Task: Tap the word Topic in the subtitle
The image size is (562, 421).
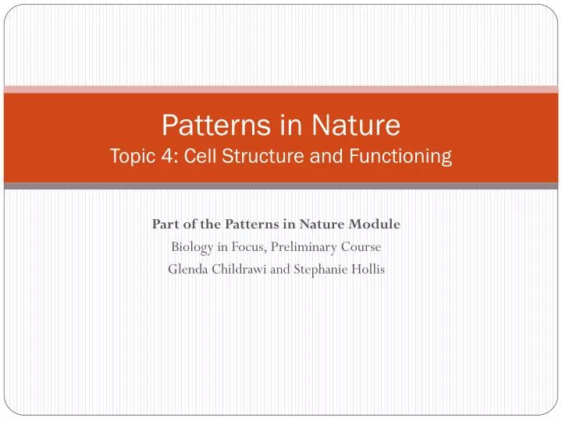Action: (131, 156)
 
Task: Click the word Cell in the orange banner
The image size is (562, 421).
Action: (195, 156)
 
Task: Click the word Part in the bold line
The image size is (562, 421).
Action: (165, 225)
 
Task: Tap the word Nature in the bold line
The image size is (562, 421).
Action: (328, 225)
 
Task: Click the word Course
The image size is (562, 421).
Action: (361, 248)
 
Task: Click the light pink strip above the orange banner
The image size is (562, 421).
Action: (281, 90)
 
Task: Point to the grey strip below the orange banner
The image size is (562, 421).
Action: (281, 186)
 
